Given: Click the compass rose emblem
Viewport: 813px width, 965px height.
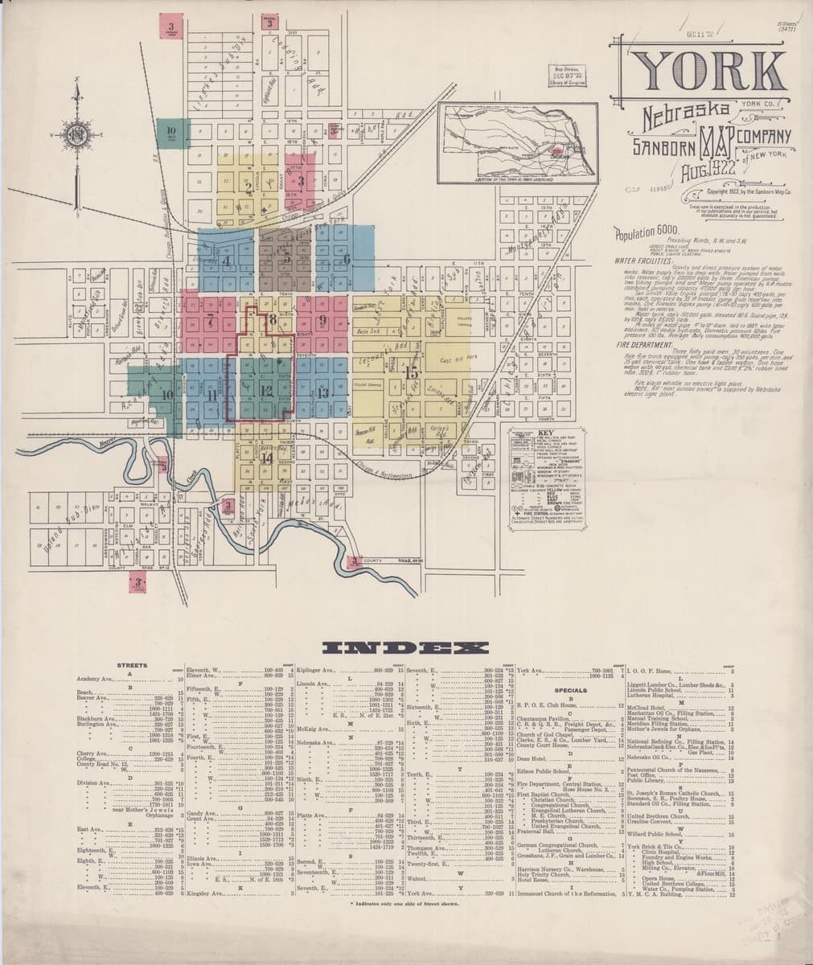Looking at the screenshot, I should tap(78, 133).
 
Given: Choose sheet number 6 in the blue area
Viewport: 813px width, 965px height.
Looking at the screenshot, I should tap(347, 259).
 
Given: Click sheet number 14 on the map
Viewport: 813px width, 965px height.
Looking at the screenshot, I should tap(267, 458).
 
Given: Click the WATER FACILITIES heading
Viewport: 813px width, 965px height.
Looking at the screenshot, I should tap(642, 261).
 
